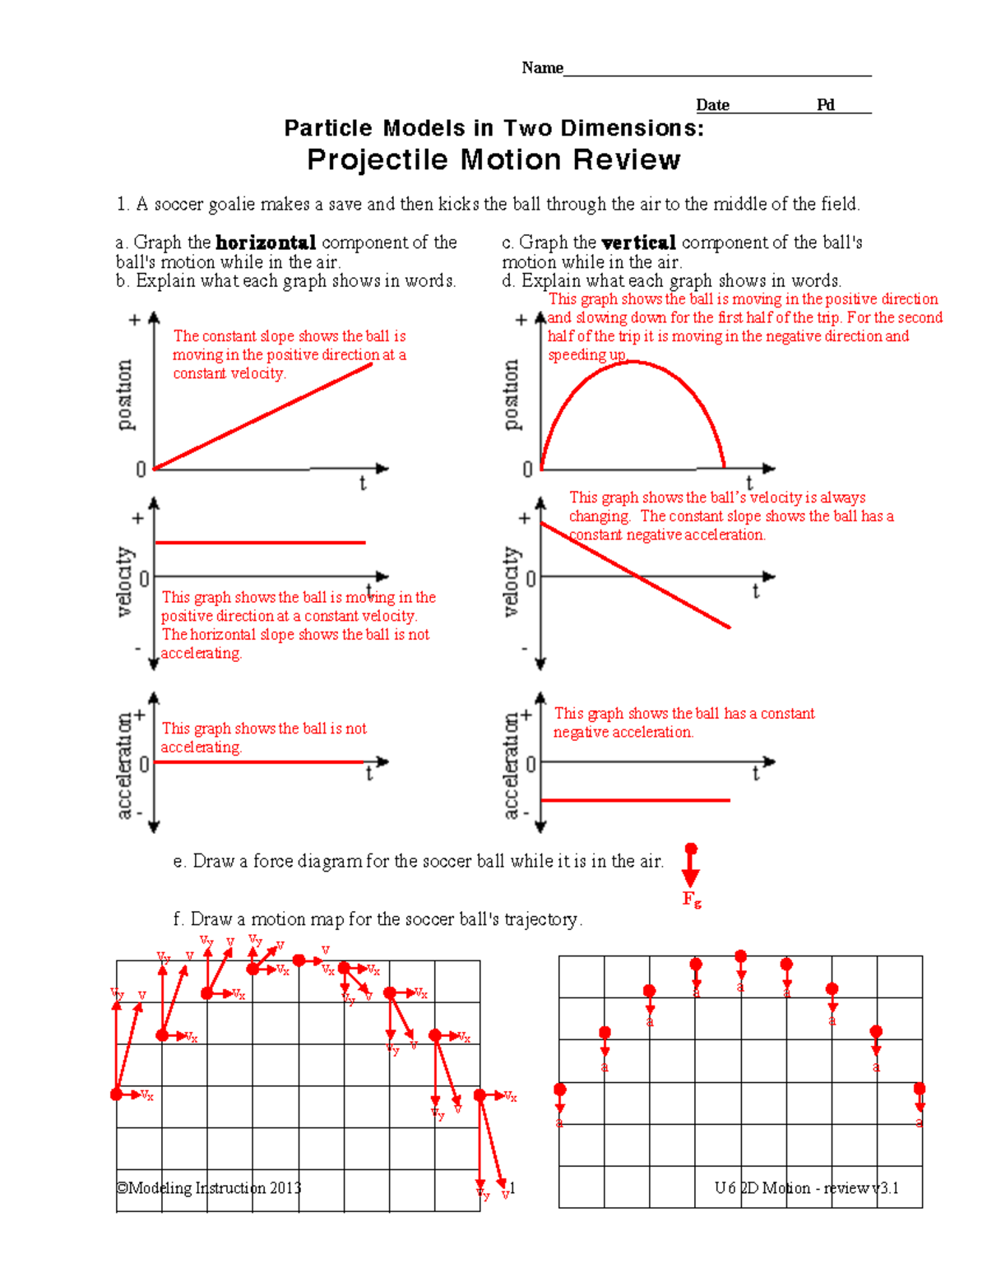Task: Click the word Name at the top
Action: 542,67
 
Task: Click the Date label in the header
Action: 712,104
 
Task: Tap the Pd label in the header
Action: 825,104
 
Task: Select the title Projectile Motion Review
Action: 493,160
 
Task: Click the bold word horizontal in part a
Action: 265,243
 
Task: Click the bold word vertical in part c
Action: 638,243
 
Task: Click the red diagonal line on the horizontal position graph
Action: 263,416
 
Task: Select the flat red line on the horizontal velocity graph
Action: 260,543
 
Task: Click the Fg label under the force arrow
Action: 692,900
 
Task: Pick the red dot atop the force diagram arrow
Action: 691,849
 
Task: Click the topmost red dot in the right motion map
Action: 741,956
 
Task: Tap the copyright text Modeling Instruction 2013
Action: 209,1188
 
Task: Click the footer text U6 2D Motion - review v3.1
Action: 806,1188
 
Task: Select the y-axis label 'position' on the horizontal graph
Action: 124,395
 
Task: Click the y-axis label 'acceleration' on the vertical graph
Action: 511,766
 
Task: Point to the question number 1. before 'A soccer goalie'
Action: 123,204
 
